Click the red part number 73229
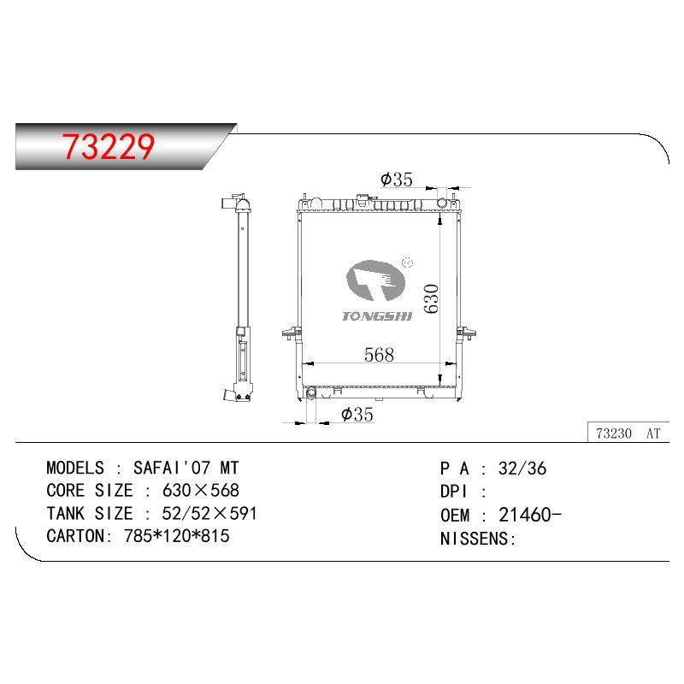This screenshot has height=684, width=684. (109, 146)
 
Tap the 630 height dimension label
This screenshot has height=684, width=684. (431, 298)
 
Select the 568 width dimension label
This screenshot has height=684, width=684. (379, 355)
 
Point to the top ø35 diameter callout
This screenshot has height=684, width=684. (396, 180)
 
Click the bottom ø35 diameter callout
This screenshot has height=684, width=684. (357, 415)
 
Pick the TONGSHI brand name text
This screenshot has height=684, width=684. (377, 316)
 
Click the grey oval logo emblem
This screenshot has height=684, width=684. (375, 280)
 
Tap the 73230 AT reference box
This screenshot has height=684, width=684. (628, 433)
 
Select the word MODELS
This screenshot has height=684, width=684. (75, 468)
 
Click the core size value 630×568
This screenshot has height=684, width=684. (201, 490)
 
